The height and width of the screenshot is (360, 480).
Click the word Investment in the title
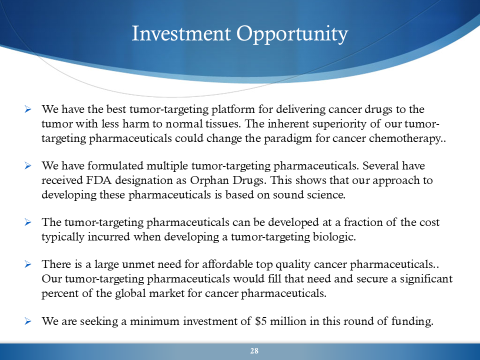pyautogui.click(x=181, y=33)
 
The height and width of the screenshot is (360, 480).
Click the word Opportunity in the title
pyautogui.click(x=292, y=34)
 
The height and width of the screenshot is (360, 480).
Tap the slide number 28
pyautogui.click(x=254, y=351)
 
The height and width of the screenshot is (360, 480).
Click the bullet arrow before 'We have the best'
pyautogui.click(x=28, y=109)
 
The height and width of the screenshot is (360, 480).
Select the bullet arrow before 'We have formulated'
pyautogui.click(x=28, y=166)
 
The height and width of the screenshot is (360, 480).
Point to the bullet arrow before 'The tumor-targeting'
pyautogui.click(x=28, y=222)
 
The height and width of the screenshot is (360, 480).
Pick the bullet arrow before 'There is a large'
pyautogui.click(x=28, y=264)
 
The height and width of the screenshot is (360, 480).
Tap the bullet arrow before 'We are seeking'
pyautogui.click(x=28, y=321)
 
